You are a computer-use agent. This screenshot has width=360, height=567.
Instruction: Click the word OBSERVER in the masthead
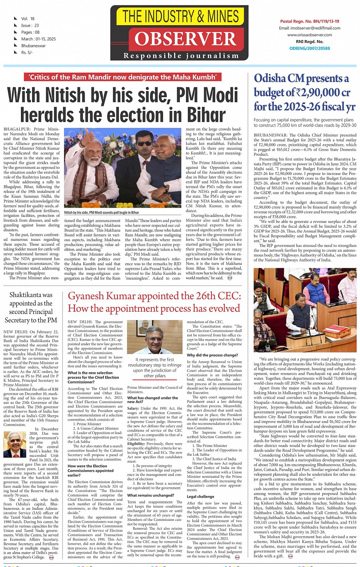pyautogui.click(x=186, y=39)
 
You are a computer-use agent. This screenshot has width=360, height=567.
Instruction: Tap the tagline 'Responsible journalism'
pyautogui.click(x=181, y=56)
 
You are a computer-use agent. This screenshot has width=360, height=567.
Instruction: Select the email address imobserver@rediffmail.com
pyautogui.click(x=310, y=28)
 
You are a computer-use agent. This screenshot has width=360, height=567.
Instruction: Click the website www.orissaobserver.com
pyautogui.click(x=309, y=35)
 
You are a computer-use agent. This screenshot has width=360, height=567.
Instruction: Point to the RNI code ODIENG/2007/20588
pyautogui.click(x=309, y=48)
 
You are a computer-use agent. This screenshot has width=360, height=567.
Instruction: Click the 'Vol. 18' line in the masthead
pyautogui.click(x=28, y=19)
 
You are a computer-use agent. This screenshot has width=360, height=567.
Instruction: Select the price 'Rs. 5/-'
pyautogui.click(x=27, y=53)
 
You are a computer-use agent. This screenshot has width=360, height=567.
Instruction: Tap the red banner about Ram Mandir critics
pyautogui.click(x=123, y=77)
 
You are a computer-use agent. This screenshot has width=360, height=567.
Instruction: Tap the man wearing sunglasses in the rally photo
pyautogui.click(x=145, y=146)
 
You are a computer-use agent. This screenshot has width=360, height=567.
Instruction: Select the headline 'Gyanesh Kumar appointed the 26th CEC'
pyautogui.click(x=154, y=296)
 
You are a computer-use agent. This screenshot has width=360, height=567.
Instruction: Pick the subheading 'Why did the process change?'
pyautogui.click(x=212, y=355)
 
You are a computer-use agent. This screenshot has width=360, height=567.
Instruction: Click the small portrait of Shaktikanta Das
pyautogui.click(x=15, y=444)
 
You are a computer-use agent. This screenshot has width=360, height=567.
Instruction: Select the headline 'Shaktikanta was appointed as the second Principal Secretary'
pyautogui.click(x=31, y=308)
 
